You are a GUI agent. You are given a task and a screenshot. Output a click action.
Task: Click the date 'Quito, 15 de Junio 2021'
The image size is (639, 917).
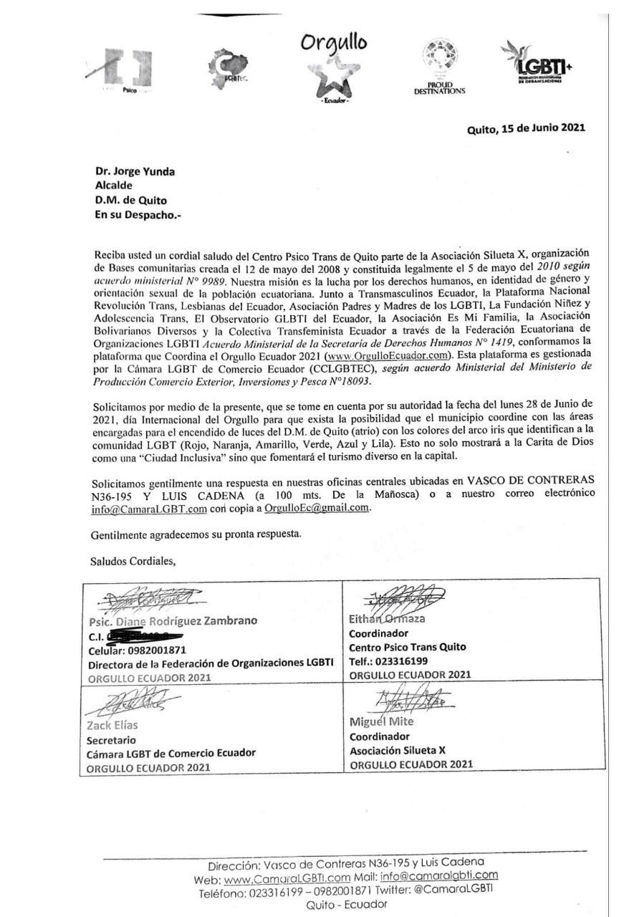(x=526, y=129)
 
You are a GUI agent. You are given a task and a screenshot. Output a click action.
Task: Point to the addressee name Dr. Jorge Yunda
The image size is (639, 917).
(x=135, y=171)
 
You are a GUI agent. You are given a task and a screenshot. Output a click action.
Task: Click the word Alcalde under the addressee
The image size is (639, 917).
(x=114, y=186)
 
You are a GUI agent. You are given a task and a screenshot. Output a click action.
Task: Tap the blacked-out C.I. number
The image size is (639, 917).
(x=146, y=635)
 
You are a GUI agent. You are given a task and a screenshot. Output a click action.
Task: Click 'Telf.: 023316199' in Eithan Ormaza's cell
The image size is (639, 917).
(x=388, y=661)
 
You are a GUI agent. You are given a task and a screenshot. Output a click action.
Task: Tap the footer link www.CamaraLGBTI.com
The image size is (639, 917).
(x=287, y=877)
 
